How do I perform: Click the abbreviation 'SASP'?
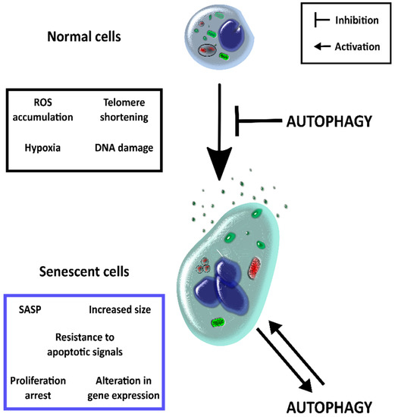pos(29,310)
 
